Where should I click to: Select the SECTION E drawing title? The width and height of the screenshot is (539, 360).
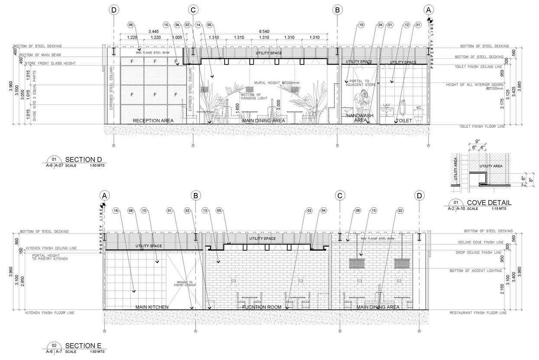[83, 345]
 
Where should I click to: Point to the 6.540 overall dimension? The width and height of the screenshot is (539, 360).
[265, 32]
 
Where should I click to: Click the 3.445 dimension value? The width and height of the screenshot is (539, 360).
[153, 32]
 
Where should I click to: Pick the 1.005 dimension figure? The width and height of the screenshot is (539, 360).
[177, 38]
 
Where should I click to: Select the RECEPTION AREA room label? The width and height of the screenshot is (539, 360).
[153, 120]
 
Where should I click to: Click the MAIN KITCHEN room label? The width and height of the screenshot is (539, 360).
[152, 307]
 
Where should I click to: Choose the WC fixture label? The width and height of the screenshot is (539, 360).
[418, 107]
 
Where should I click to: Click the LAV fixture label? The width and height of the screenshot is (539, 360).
[387, 105]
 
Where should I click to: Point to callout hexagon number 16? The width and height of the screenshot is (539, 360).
[116, 211]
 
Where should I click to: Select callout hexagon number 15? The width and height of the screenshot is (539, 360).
[166, 24]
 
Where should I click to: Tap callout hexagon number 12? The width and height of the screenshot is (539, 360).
[407, 24]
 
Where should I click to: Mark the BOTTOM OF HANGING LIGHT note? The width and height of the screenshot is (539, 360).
[251, 96]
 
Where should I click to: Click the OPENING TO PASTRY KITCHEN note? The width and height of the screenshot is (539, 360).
[185, 283]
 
